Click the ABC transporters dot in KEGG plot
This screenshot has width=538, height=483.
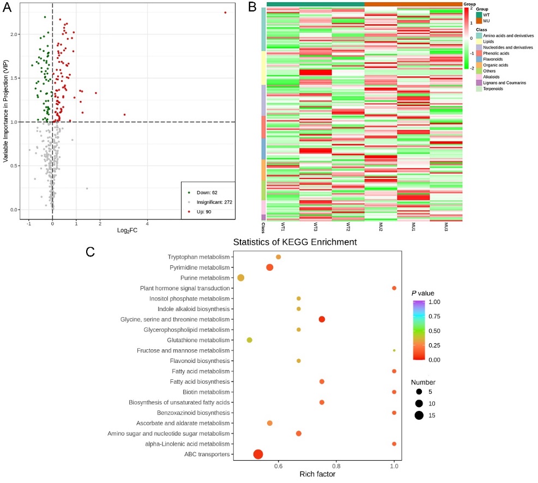(x=258, y=454)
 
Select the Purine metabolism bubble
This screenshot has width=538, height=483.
(x=240, y=278)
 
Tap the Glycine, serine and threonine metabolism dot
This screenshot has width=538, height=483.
(x=322, y=319)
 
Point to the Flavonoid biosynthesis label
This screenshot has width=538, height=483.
(x=198, y=361)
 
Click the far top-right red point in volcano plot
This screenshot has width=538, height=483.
(x=225, y=13)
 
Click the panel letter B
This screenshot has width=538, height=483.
(x=252, y=7)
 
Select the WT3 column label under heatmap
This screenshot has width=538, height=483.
(x=316, y=225)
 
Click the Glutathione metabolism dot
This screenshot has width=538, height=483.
(x=250, y=340)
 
